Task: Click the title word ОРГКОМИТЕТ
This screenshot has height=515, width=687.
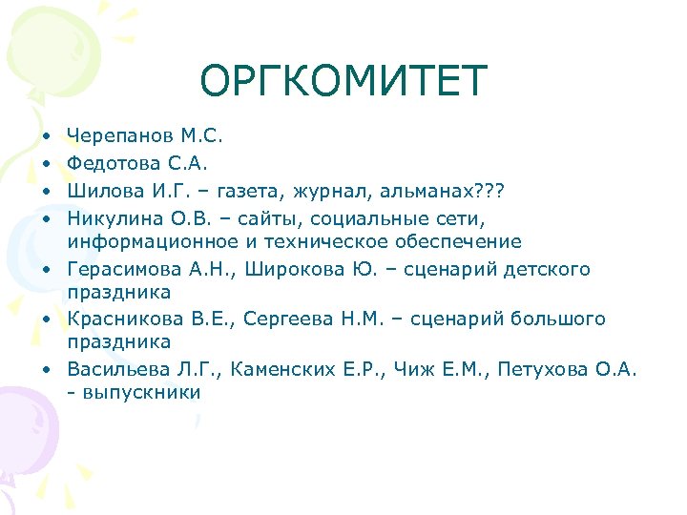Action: pos(343,82)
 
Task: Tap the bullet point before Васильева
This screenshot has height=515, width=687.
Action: pos(46,368)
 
